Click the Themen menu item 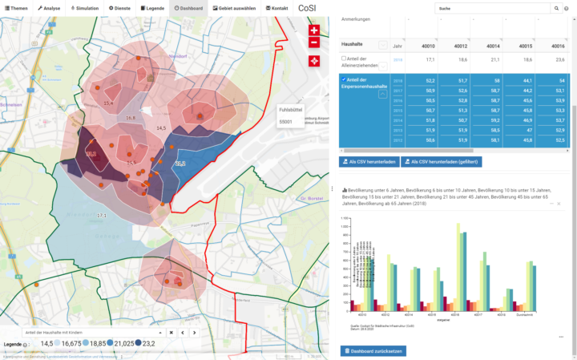pyautogui.click(x=15, y=7)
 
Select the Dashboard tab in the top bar pyautogui.click(x=188, y=7)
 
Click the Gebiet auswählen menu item pyautogui.click(x=235, y=7)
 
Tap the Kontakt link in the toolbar pyautogui.click(x=277, y=7)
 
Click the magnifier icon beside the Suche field pyautogui.click(x=556, y=8)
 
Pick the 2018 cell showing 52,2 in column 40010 pyautogui.click(x=430, y=81)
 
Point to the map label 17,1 pyautogui.click(x=101, y=216)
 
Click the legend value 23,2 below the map pyautogui.click(x=147, y=343)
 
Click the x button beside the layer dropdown pyautogui.click(x=171, y=332)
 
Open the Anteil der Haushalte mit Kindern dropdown pyautogui.click(x=88, y=332)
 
